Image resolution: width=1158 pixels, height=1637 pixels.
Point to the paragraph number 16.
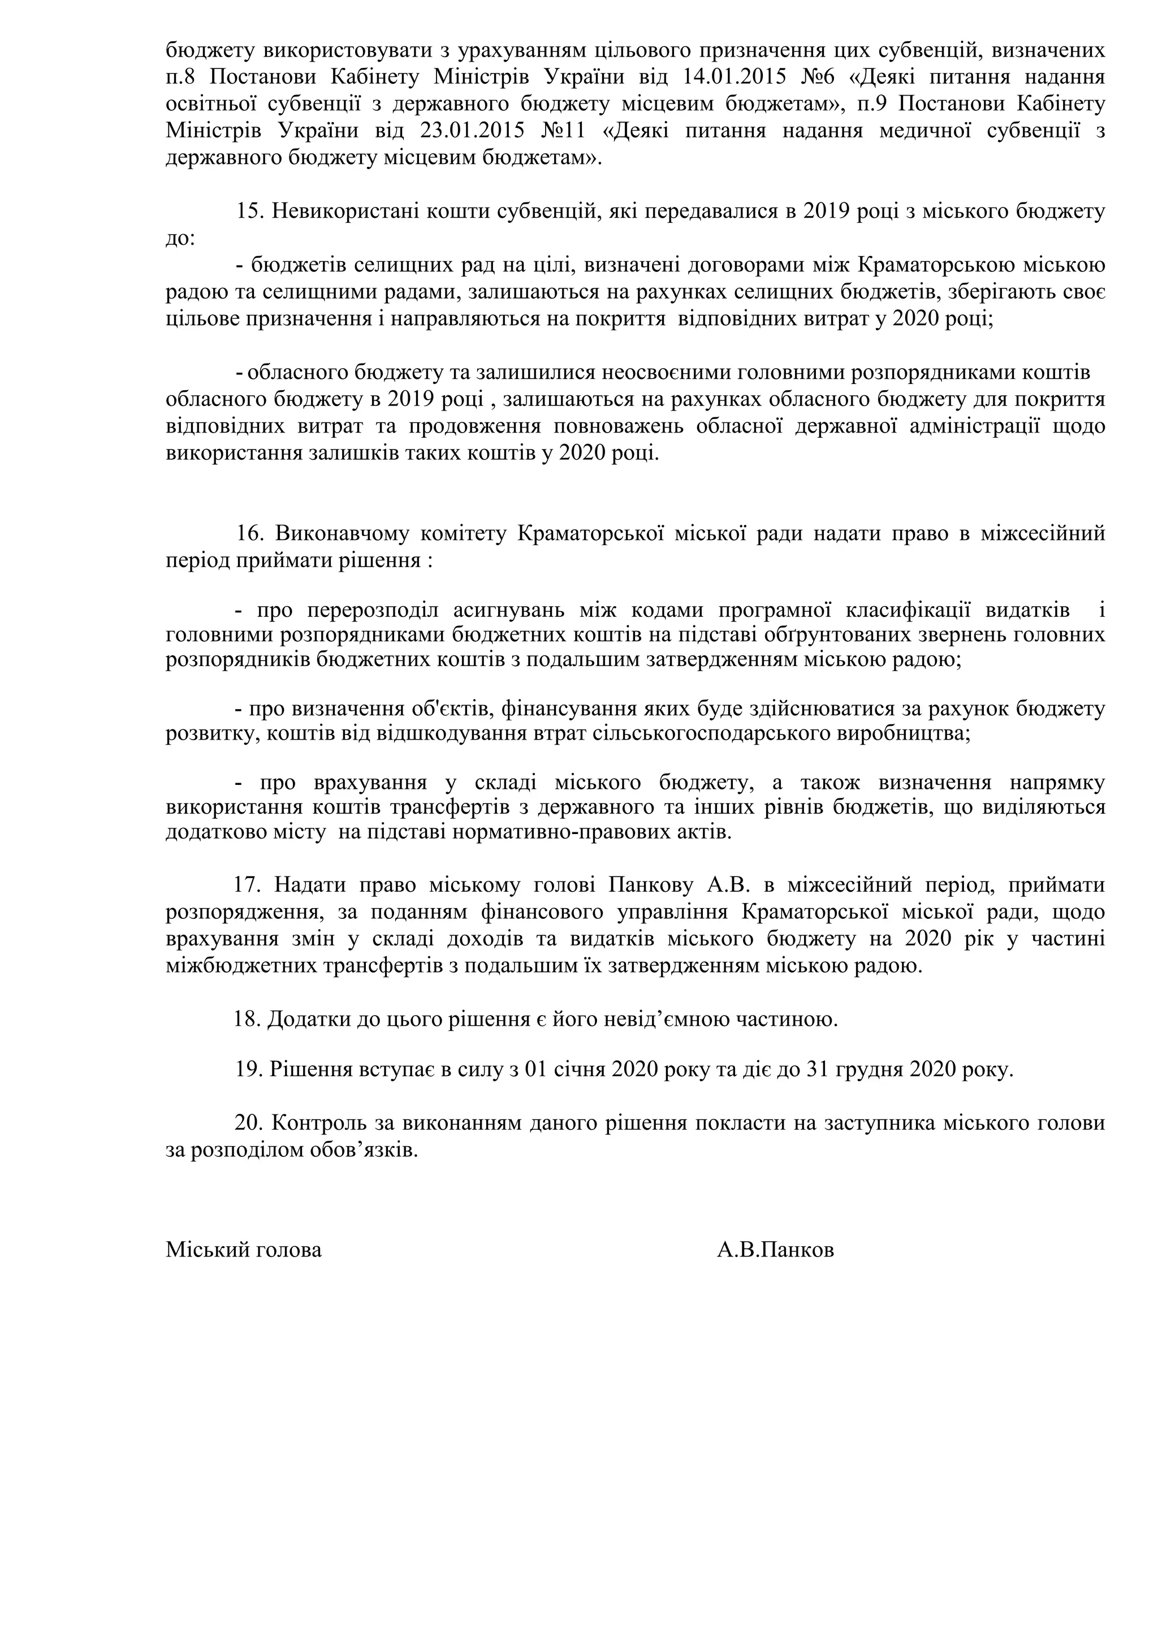point(249,534)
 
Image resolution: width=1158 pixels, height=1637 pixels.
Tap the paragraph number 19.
point(248,1071)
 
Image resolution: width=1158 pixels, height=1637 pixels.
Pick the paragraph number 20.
point(249,1124)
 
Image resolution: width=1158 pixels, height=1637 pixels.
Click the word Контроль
point(326,1124)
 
